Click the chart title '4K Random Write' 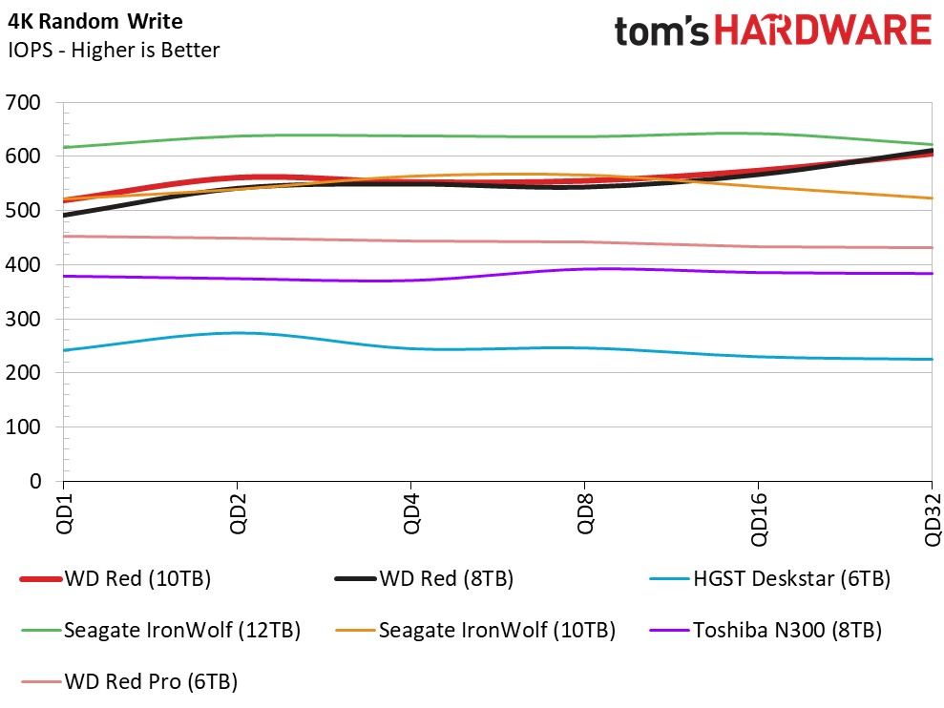[95, 22]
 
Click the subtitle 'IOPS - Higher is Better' [114, 50]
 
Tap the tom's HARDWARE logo [773, 31]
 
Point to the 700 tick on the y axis [23, 102]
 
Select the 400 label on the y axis [23, 265]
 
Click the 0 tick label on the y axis [35, 481]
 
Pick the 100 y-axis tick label [23, 427]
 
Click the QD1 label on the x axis [64, 513]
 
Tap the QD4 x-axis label [411, 513]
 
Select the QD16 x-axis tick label [759, 520]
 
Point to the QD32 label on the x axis [932, 520]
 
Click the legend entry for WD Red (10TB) [115, 578]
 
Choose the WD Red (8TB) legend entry [425, 578]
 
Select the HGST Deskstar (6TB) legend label [770, 578]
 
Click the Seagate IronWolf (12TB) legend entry [160, 631]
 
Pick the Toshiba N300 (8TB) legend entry [766, 631]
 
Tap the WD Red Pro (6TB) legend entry [130, 681]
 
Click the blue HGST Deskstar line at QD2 [238, 333]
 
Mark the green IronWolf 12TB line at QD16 [758, 134]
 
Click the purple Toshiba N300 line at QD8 [584, 269]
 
